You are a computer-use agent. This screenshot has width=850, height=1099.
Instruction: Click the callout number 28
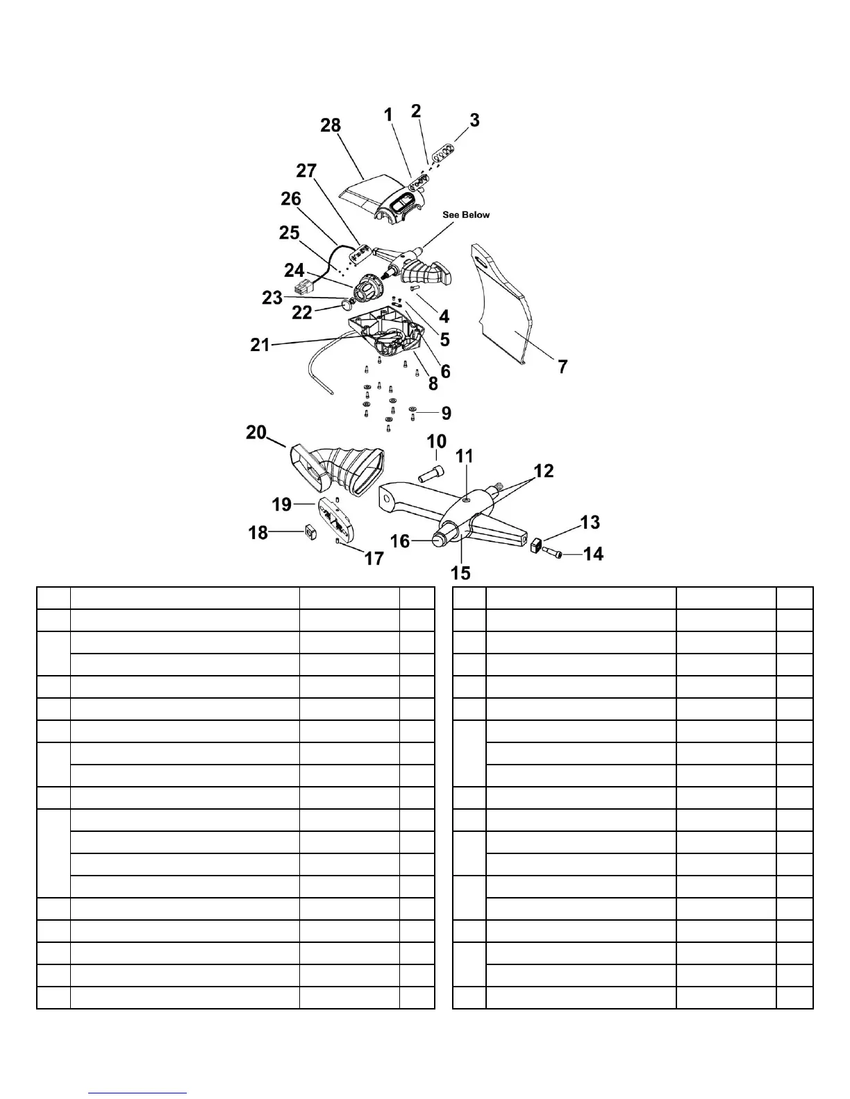pos(331,126)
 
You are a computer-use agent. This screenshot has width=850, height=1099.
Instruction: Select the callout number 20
pos(256,432)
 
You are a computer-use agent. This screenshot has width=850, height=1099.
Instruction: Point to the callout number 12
pos(544,470)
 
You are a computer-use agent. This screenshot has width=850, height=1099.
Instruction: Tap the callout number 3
pos(474,120)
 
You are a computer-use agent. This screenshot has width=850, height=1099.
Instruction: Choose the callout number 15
pos(460,572)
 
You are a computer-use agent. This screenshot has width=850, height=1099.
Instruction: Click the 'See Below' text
pos(466,214)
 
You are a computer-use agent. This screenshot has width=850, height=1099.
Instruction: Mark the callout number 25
pos(289,233)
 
